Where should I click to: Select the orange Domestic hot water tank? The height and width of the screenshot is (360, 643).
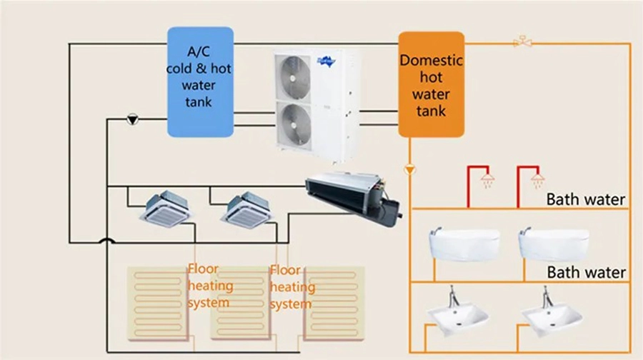click(x=431, y=84)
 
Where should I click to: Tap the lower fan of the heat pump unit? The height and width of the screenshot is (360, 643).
click(x=293, y=122)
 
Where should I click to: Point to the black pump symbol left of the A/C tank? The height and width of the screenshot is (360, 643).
click(x=131, y=119)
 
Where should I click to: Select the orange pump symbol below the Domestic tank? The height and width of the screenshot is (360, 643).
click(x=409, y=170)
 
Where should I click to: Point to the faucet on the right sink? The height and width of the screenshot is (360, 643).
click(x=547, y=296)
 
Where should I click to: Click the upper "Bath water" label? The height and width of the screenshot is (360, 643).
click(x=585, y=199)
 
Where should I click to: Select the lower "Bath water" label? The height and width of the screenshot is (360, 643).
click(x=585, y=272)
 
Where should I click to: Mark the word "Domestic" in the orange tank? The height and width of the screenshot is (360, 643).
click(x=431, y=61)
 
